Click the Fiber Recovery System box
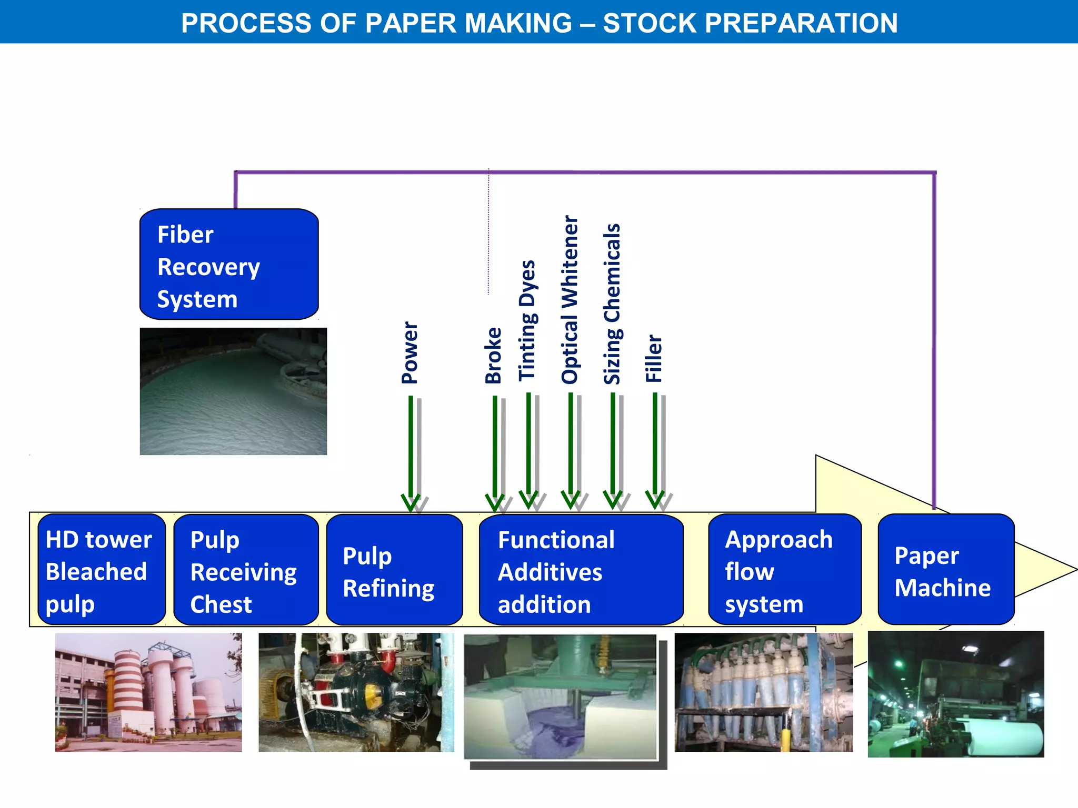click(x=229, y=264)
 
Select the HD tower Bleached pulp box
click(x=102, y=570)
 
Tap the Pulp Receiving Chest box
click(x=246, y=570)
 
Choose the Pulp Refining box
click(x=394, y=570)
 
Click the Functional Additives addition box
click(x=581, y=570)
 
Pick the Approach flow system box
click(x=784, y=570)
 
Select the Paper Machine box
click(x=945, y=570)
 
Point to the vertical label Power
click(x=410, y=352)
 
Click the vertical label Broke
click(x=493, y=355)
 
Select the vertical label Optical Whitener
click(x=570, y=299)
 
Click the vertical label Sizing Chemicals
click(x=612, y=304)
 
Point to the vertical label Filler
click(x=654, y=358)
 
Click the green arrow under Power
click(x=411, y=452)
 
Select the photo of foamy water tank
click(x=233, y=391)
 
